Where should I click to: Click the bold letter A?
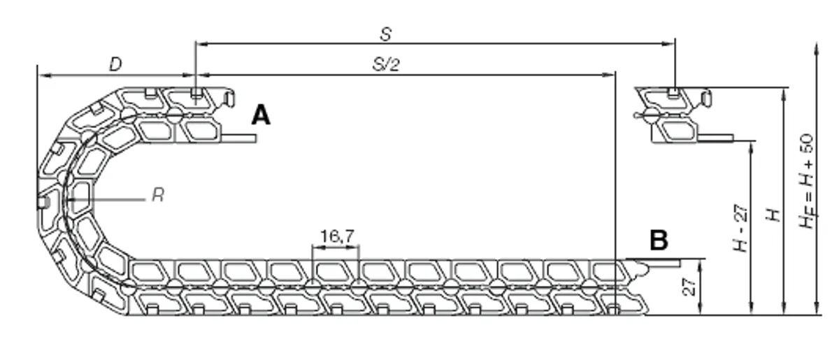[x=261, y=115]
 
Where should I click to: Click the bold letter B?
[x=659, y=240]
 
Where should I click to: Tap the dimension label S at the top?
[x=386, y=34]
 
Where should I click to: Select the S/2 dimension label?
[x=386, y=64]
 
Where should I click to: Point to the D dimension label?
[x=115, y=64]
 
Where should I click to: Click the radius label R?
[x=158, y=195]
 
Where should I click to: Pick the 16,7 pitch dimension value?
[x=337, y=236]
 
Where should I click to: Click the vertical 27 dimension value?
[x=689, y=287]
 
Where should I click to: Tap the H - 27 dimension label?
[x=740, y=228]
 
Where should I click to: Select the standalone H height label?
[x=773, y=215]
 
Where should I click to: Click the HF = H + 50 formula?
[x=806, y=181]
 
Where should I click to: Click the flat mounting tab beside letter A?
[x=239, y=138]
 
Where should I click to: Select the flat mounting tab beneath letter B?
[x=662, y=263]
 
